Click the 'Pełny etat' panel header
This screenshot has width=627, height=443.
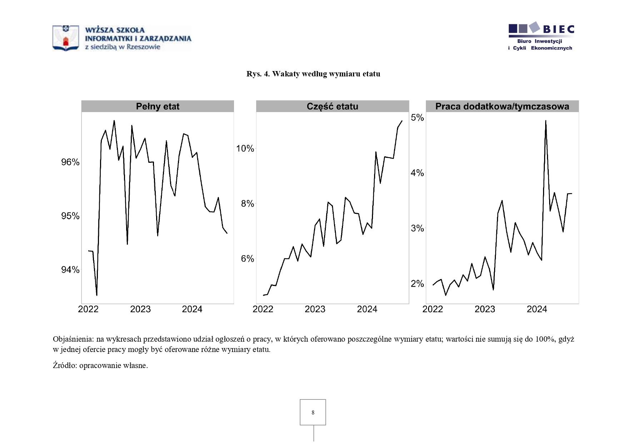tap(158, 106)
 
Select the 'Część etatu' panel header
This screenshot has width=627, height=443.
tap(332, 106)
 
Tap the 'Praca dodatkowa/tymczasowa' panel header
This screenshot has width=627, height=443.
tap(502, 106)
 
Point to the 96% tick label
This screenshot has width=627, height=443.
tap(70, 162)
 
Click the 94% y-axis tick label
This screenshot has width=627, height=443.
tap(70, 270)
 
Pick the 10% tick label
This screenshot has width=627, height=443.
tap(245, 148)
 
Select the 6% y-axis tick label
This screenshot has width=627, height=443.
tap(247, 259)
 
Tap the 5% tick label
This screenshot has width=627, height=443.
tap(417, 118)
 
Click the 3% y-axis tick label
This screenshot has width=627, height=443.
tap(417, 228)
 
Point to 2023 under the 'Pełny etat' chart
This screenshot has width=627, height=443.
tap(140, 309)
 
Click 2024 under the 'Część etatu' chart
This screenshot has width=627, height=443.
tap(367, 309)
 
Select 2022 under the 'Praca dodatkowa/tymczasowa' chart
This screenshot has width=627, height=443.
tap(433, 309)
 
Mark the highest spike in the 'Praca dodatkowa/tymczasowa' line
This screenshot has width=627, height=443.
tap(546, 121)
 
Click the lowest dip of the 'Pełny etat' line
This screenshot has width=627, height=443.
tap(97, 295)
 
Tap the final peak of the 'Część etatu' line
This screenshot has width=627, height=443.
tap(402, 121)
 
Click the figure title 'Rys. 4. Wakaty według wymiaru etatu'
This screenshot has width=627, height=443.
tap(313, 74)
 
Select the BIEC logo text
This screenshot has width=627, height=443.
tap(558, 29)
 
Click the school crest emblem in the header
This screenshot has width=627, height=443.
tap(66, 38)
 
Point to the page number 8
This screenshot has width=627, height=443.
tap(313, 413)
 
